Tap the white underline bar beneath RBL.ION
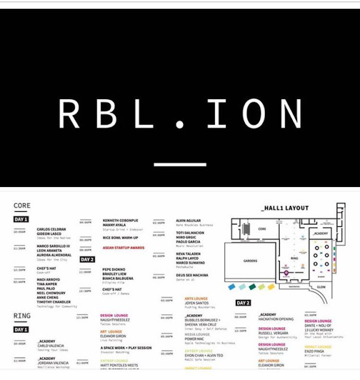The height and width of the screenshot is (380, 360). pyautogui.click(x=179, y=164)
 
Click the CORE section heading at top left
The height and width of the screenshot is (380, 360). pyautogui.click(x=22, y=207)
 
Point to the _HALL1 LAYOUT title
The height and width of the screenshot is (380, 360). pyautogui.click(x=285, y=208)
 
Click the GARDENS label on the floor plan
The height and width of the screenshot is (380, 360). pyautogui.click(x=249, y=260)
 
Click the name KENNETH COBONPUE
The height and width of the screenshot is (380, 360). pyautogui.click(x=121, y=220)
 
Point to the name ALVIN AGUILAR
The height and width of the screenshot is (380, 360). pyautogui.click(x=189, y=220)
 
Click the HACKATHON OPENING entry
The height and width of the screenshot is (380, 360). pyautogui.click(x=279, y=319)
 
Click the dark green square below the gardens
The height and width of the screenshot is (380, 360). pyautogui.click(x=252, y=286)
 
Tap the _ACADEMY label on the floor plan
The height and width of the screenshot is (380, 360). pyautogui.click(x=320, y=234)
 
